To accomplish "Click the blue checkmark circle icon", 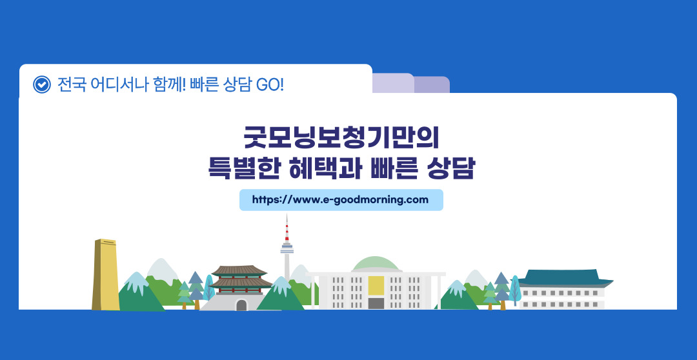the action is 42,85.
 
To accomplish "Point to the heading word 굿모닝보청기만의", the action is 341,138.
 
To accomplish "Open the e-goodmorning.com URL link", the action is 341,199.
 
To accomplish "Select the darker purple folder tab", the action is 432,85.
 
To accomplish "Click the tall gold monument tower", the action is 106,274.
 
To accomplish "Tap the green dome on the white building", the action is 376,264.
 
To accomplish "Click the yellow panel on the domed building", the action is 376,285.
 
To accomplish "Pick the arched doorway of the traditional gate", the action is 241,305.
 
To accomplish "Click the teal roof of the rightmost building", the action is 565,278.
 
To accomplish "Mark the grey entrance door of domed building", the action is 376,304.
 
